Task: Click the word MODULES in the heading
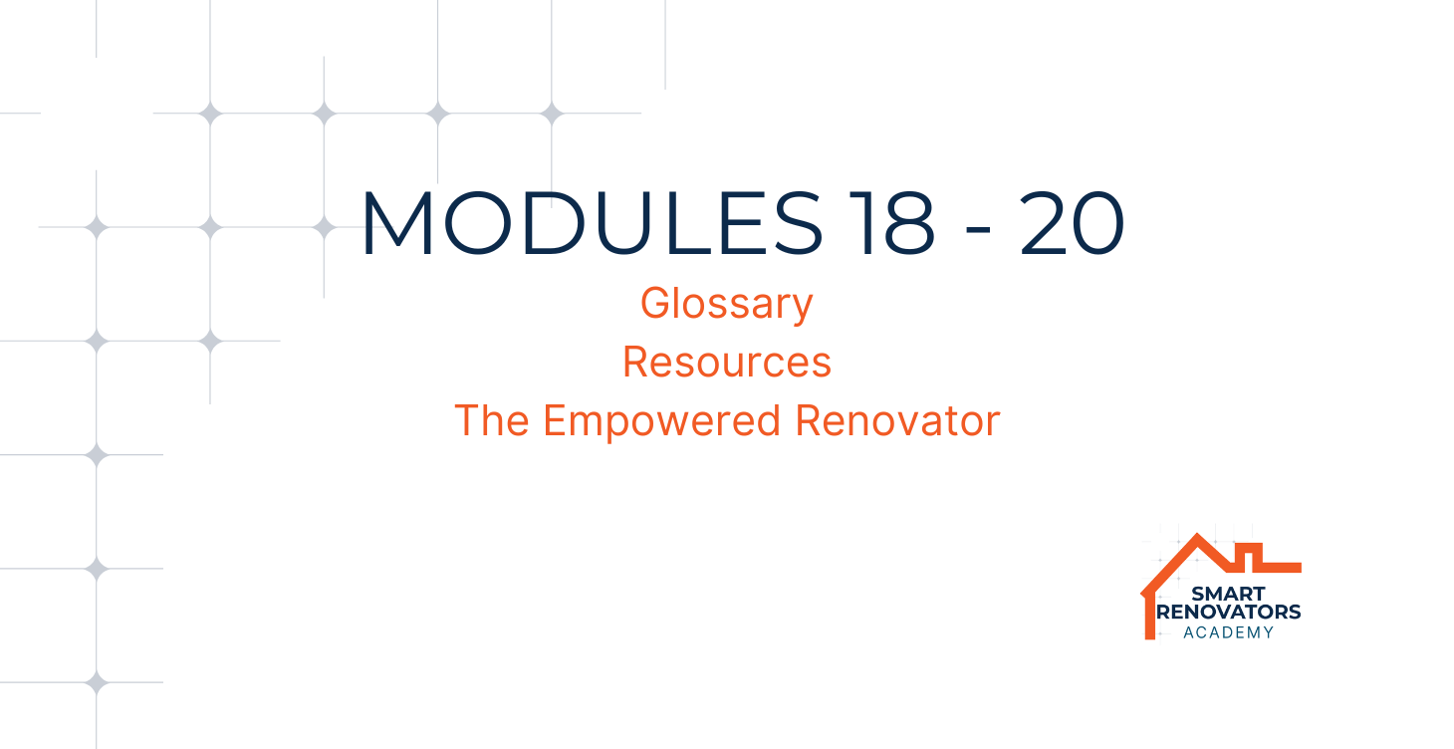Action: pos(593,223)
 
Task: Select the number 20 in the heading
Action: pos(1072,223)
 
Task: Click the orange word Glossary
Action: pos(727,303)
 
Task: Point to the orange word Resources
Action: pos(727,362)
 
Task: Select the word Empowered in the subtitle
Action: pos(662,421)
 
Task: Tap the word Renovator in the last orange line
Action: pos(897,420)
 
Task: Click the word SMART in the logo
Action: pos(1228,594)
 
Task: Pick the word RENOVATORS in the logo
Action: pos(1229,612)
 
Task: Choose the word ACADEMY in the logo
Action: pos(1229,632)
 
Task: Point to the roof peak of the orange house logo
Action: pos(1197,536)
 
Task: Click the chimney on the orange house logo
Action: pos(1248,556)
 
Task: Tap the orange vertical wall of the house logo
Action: pos(1149,616)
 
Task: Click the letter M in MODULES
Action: pos(398,223)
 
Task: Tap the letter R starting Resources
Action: pos(636,362)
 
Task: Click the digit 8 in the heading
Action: pos(908,223)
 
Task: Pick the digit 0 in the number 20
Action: pos(1097,223)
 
